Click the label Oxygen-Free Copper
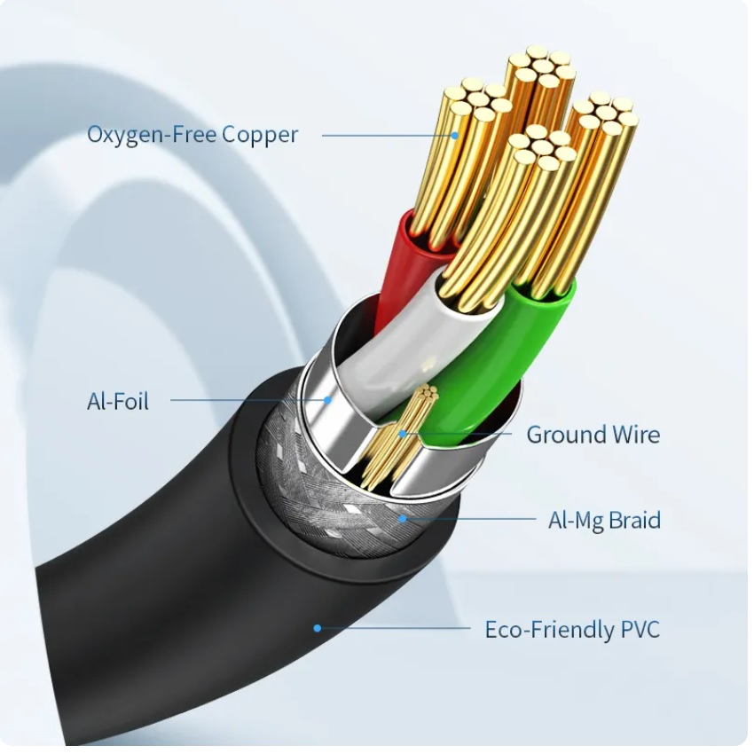pos(192,135)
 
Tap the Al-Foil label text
pos(118,401)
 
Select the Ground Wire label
pos(593,435)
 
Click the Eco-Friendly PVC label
pos(572,630)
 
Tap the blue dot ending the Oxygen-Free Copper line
pos(454,136)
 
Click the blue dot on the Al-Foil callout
pos(327,399)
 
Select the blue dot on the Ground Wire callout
pos(403,435)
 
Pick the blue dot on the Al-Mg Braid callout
pos(403,519)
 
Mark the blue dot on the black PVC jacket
pos(317,628)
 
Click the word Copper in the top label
pos(260,135)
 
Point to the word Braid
pos(634,520)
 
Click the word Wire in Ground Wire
pos(634,435)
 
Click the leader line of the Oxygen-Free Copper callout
pos(388,136)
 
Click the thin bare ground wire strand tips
pos(427,393)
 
